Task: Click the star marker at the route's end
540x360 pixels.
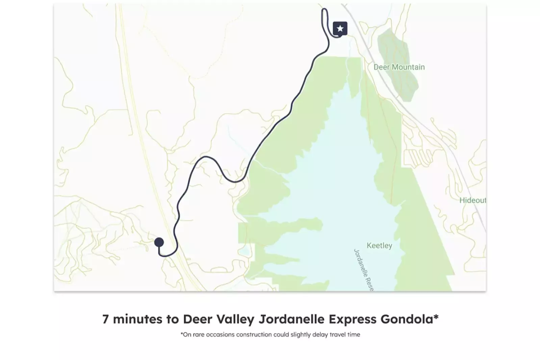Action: click(x=340, y=29)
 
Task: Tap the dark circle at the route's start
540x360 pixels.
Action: click(x=159, y=242)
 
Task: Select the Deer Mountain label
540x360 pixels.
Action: click(x=399, y=67)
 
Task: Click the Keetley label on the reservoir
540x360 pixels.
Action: click(x=379, y=246)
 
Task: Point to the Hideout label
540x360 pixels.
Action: click(x=472, y=200)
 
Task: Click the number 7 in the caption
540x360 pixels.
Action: click(x=106, y=319)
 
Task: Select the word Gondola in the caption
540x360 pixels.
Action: click(x=409, y=319)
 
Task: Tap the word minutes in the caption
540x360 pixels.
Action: click(x=137, y=319)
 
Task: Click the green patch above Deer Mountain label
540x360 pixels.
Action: click(x=397, y=46)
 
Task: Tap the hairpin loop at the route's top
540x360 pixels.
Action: click(x=325, y=14)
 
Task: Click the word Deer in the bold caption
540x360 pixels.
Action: click(x=197, y=319)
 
